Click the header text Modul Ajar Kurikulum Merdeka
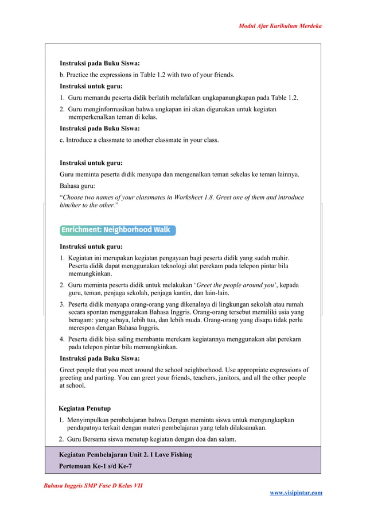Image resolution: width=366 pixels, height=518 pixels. click(280, 26)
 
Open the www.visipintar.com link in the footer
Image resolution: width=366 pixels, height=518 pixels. click(295, 492)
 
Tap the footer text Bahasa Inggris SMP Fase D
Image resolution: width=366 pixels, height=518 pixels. click(93, 486)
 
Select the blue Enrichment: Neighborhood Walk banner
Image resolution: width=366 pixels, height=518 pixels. click(118, 230)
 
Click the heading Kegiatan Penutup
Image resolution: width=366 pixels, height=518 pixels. click(85, 408)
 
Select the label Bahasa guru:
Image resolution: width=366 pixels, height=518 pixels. click(79, 185)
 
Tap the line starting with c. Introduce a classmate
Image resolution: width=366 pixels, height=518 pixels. click(139, 140)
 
